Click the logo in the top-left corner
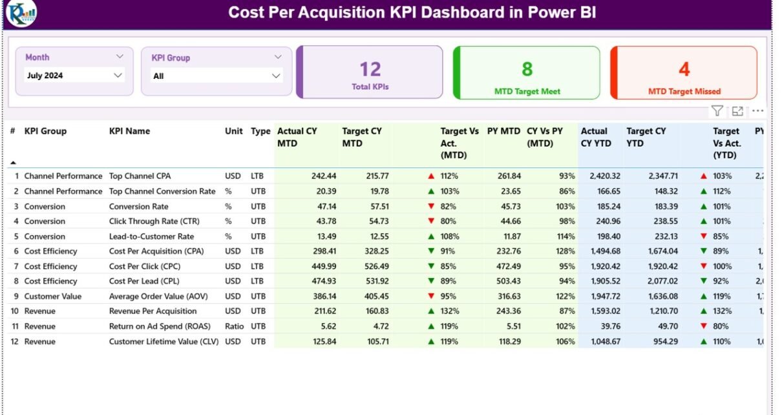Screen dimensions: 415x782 point(21,14)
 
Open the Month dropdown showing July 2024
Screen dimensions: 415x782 point(74,76)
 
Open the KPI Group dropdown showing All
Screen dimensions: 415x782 point(217,76)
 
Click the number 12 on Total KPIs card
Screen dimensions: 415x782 point(370,69)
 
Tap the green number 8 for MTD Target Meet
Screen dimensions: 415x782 point(527,69)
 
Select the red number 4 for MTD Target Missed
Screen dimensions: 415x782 point(684,69)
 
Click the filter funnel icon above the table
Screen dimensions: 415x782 point(717,111)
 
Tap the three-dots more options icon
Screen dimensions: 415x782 point(757,111)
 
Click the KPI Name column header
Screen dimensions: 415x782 point(129,131)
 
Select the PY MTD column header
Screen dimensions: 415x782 point(503,131)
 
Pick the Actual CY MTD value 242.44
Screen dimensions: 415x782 point(323,176)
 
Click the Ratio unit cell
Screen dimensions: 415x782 point(234,326)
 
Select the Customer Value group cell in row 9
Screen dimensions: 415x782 point(53,296)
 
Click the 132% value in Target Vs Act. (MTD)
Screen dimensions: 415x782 point(450,311)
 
